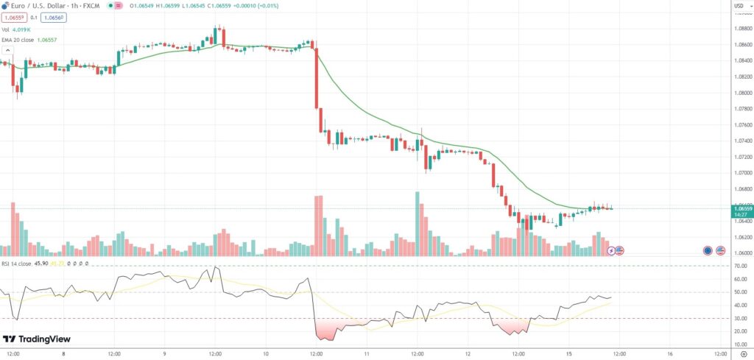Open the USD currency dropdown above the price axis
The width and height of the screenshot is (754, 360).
tap(738, 7)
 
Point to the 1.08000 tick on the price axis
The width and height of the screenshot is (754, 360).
tap(738, 93)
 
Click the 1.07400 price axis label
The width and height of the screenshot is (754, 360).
tap(738, 141)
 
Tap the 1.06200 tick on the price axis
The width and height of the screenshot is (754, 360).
tap(738, 237)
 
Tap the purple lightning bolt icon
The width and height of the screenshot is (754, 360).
tap(611, 250)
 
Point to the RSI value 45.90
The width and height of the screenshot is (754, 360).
tap(40, 263)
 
